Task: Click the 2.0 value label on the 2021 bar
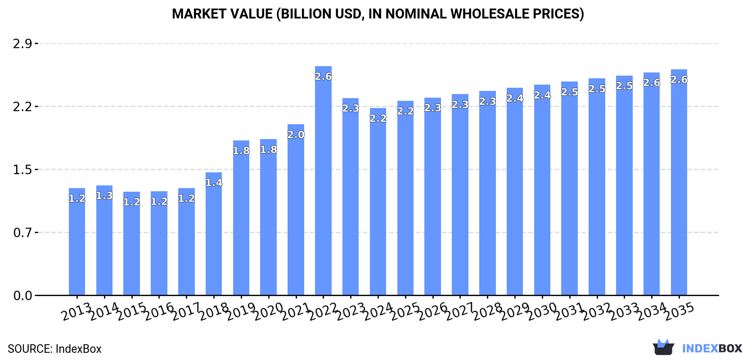(x=296, y=135)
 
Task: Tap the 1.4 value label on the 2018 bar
(x=214, y=183)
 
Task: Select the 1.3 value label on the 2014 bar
(x=104, y=196)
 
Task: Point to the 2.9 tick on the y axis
(x=22, y=44)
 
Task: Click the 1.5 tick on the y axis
(x=22, y=170)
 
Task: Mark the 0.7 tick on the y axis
(x=22, y=233)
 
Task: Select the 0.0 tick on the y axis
(x=22, y=296)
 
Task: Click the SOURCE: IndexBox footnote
(x=54, y=349)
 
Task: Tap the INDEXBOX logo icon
(x=663, y=347)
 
